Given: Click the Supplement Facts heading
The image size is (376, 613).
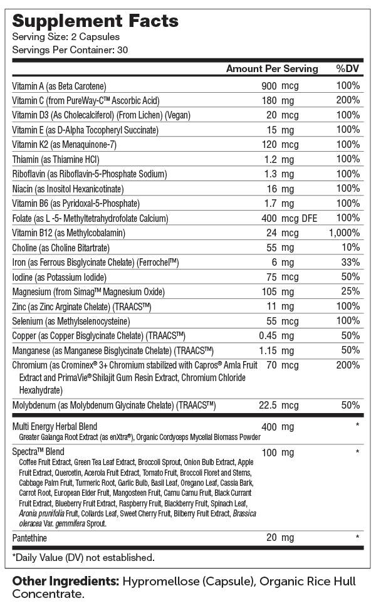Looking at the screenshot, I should (95, 21).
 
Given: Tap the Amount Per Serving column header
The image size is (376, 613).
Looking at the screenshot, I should (272, 69).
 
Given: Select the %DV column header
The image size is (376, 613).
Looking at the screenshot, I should (348, 69).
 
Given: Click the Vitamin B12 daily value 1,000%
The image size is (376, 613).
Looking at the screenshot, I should (345, 233).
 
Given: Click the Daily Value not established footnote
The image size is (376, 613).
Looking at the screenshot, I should (83, 557).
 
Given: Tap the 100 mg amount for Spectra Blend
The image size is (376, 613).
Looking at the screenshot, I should (277, 452).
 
